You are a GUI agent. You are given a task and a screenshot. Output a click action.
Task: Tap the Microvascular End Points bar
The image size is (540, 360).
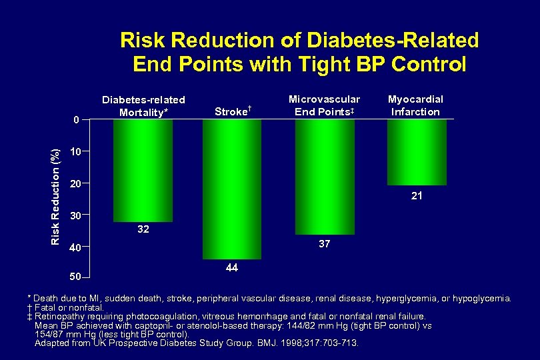(324, 177)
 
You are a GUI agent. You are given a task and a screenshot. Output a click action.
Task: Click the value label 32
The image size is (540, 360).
(143, 229)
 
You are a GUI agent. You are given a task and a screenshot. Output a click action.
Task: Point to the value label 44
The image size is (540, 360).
(232, 267)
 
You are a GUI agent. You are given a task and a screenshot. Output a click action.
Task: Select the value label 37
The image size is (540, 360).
(324, 245)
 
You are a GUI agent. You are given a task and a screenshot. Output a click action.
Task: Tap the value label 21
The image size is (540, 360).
(417, 196)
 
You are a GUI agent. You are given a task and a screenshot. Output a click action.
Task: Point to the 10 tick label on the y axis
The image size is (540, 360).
(76, 151)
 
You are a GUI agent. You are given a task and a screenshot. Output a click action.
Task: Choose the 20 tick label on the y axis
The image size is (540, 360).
(76, 183)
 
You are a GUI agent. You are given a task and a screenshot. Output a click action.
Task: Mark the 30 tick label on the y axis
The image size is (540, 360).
(76, 215)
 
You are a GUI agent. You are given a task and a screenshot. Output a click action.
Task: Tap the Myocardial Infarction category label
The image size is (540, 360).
(416, 105)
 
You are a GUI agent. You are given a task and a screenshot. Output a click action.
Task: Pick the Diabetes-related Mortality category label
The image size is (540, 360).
(143, 106)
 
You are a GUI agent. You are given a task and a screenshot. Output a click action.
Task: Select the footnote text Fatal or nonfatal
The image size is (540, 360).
(65, 307)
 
